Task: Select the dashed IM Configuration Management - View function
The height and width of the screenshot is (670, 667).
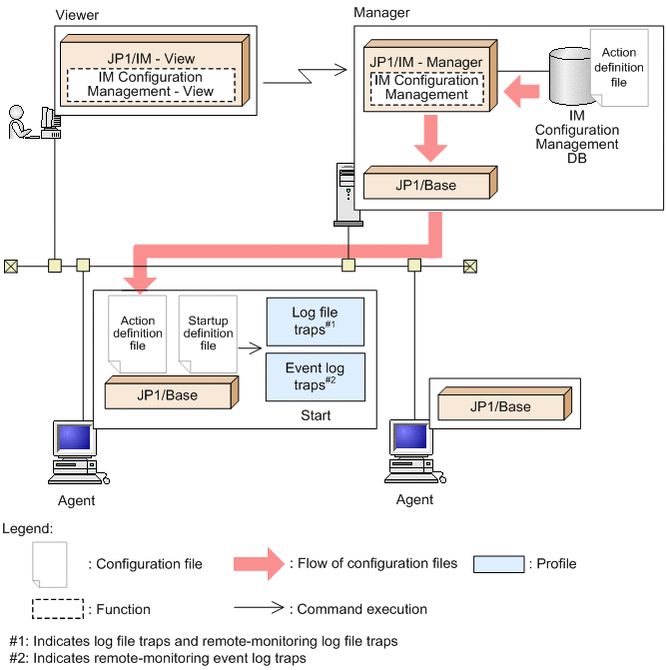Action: pos(151,84)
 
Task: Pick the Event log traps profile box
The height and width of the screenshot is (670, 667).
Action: pos(315,375)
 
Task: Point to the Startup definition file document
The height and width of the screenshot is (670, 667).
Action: pos(207,333)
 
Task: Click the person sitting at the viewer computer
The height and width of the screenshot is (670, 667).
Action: pos(18,124)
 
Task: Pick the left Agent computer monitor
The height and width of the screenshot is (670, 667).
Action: pos(77,440)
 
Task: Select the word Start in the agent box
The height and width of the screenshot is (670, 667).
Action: pos(314,415)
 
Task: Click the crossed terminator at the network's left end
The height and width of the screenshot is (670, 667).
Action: pos(11,266)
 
